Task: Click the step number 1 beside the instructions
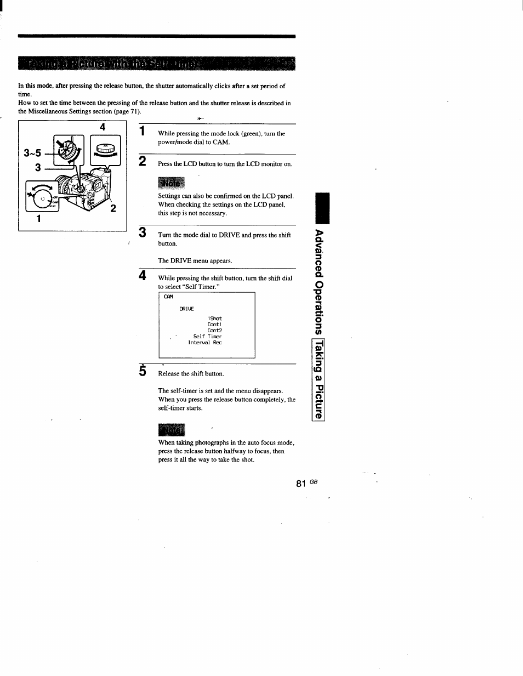142,130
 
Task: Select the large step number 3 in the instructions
143,232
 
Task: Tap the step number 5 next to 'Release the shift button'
143,371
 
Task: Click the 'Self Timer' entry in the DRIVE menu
207,337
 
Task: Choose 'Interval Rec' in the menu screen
204,343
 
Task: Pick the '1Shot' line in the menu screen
214,319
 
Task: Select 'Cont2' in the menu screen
214,331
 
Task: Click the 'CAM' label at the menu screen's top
168,297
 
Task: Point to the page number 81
300,484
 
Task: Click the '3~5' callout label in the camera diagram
32,153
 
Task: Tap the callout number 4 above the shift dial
102,127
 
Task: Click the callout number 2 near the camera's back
113,208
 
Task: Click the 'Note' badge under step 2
171,183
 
